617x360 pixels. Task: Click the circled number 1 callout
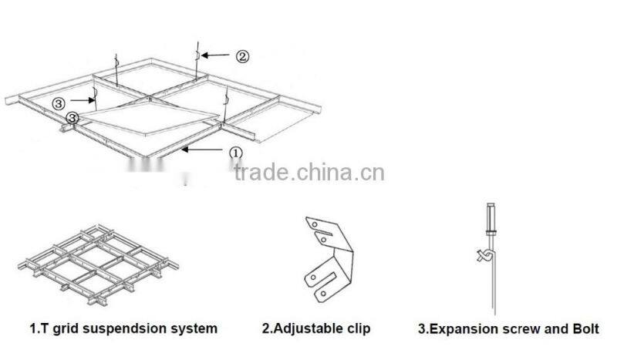[237, 153]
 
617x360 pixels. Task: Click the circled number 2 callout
[241, 56]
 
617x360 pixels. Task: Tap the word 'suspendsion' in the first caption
[114, 328]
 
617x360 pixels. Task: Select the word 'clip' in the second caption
[357, 328]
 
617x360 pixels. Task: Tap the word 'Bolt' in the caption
[584, 329]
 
